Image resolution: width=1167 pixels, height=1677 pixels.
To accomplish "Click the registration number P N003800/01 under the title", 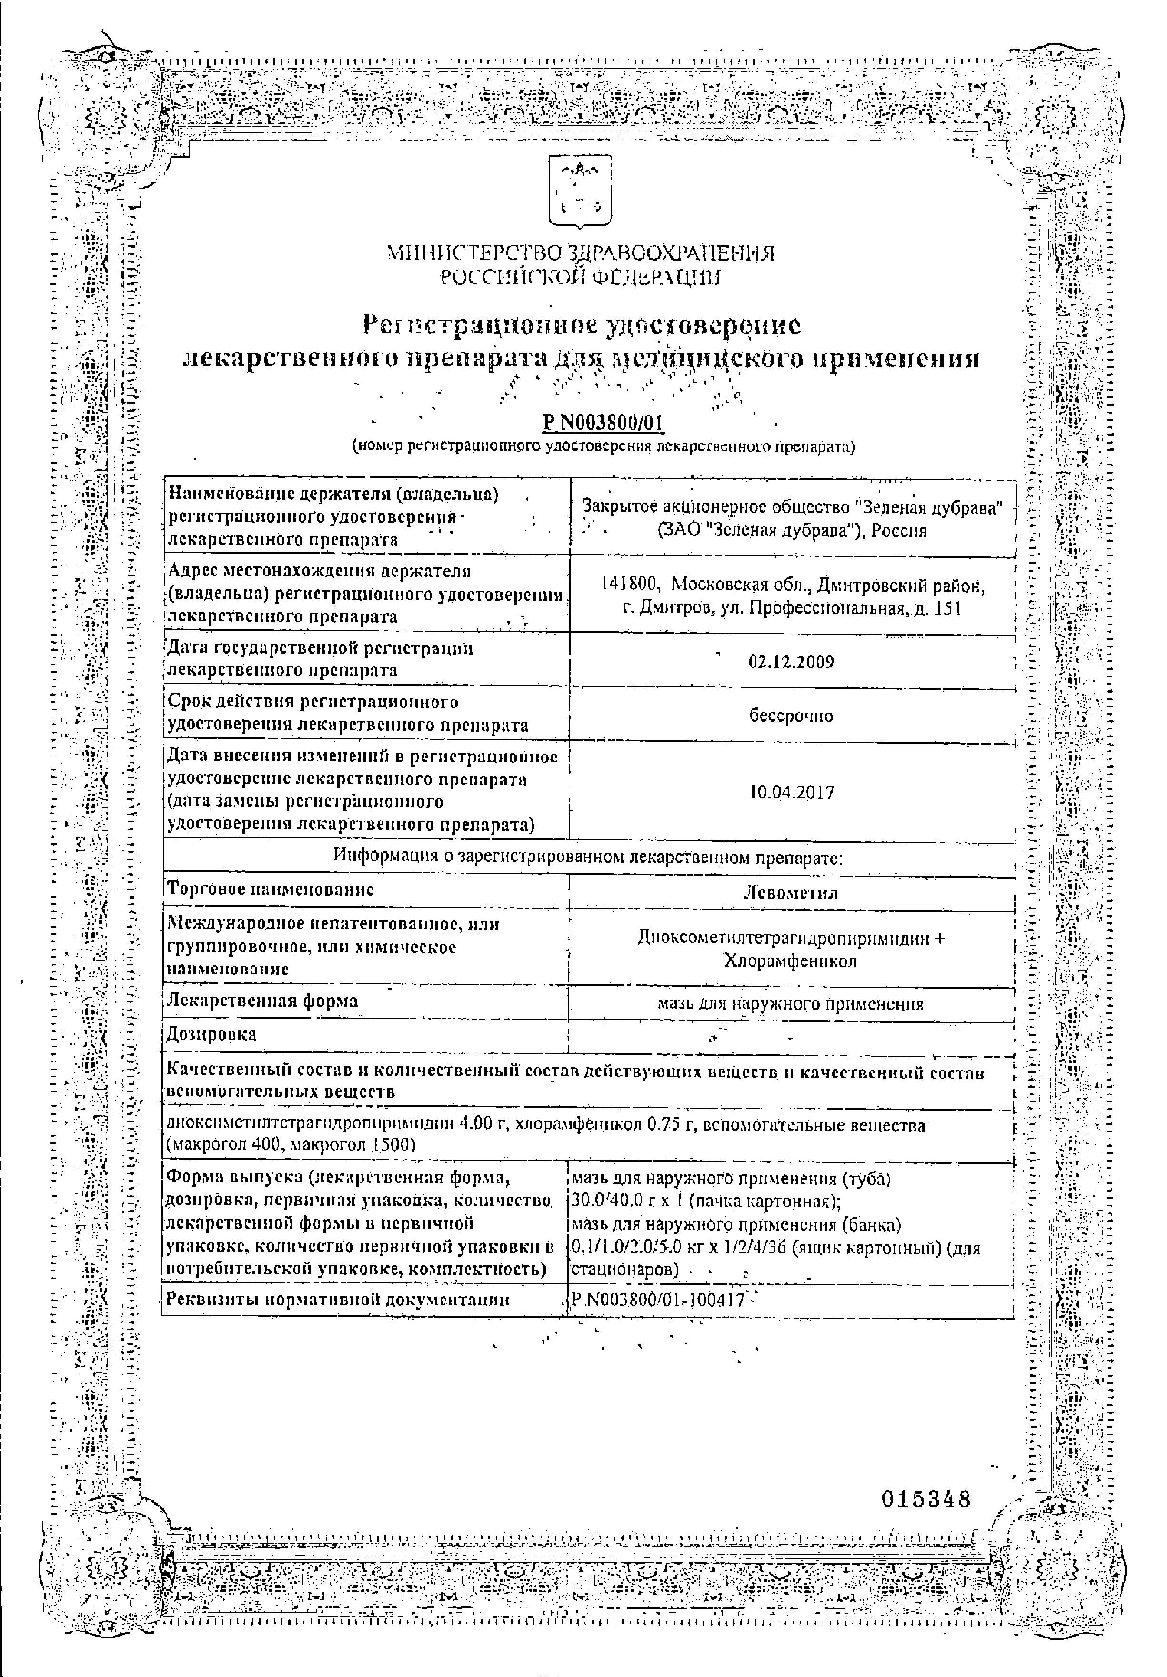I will pos(603,424).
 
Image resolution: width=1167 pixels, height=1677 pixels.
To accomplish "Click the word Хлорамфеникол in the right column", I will pos(790,961).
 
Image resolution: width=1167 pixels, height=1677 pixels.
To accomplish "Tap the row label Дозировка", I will pos(212,1034).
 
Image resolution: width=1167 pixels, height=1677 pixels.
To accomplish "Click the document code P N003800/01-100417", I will pos(657,1300).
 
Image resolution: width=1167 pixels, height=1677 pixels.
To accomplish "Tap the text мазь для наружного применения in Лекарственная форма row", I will pos(790,1004).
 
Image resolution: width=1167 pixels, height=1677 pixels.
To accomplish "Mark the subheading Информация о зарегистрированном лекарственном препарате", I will pos(588,856).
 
